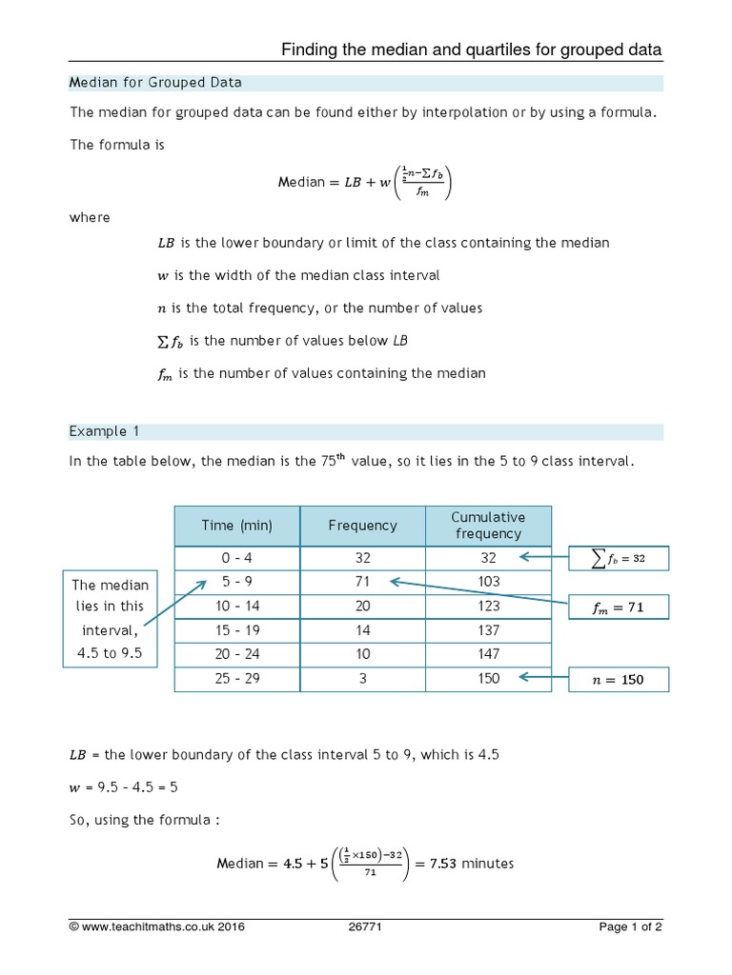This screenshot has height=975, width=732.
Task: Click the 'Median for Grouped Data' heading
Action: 155,83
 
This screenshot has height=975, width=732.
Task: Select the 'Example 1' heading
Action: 105,431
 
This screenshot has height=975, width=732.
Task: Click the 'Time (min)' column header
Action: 236,526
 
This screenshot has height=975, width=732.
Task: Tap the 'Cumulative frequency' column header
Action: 488,526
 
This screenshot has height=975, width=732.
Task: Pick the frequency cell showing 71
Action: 362,582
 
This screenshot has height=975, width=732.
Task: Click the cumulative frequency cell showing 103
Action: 488,582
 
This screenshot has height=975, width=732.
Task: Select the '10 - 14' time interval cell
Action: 236,607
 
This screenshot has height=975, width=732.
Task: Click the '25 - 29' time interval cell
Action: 236,680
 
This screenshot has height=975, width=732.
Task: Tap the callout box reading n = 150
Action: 619,680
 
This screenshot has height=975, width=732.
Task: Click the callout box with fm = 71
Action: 619,607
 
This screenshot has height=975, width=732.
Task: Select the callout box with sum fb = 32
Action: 619,559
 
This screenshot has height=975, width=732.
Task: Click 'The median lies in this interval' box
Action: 110,619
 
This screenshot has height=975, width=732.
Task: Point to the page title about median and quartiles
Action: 471,50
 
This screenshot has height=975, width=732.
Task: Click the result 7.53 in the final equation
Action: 443,864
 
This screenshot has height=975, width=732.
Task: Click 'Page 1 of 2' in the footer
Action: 630,927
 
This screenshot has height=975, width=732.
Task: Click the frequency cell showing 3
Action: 362,680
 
